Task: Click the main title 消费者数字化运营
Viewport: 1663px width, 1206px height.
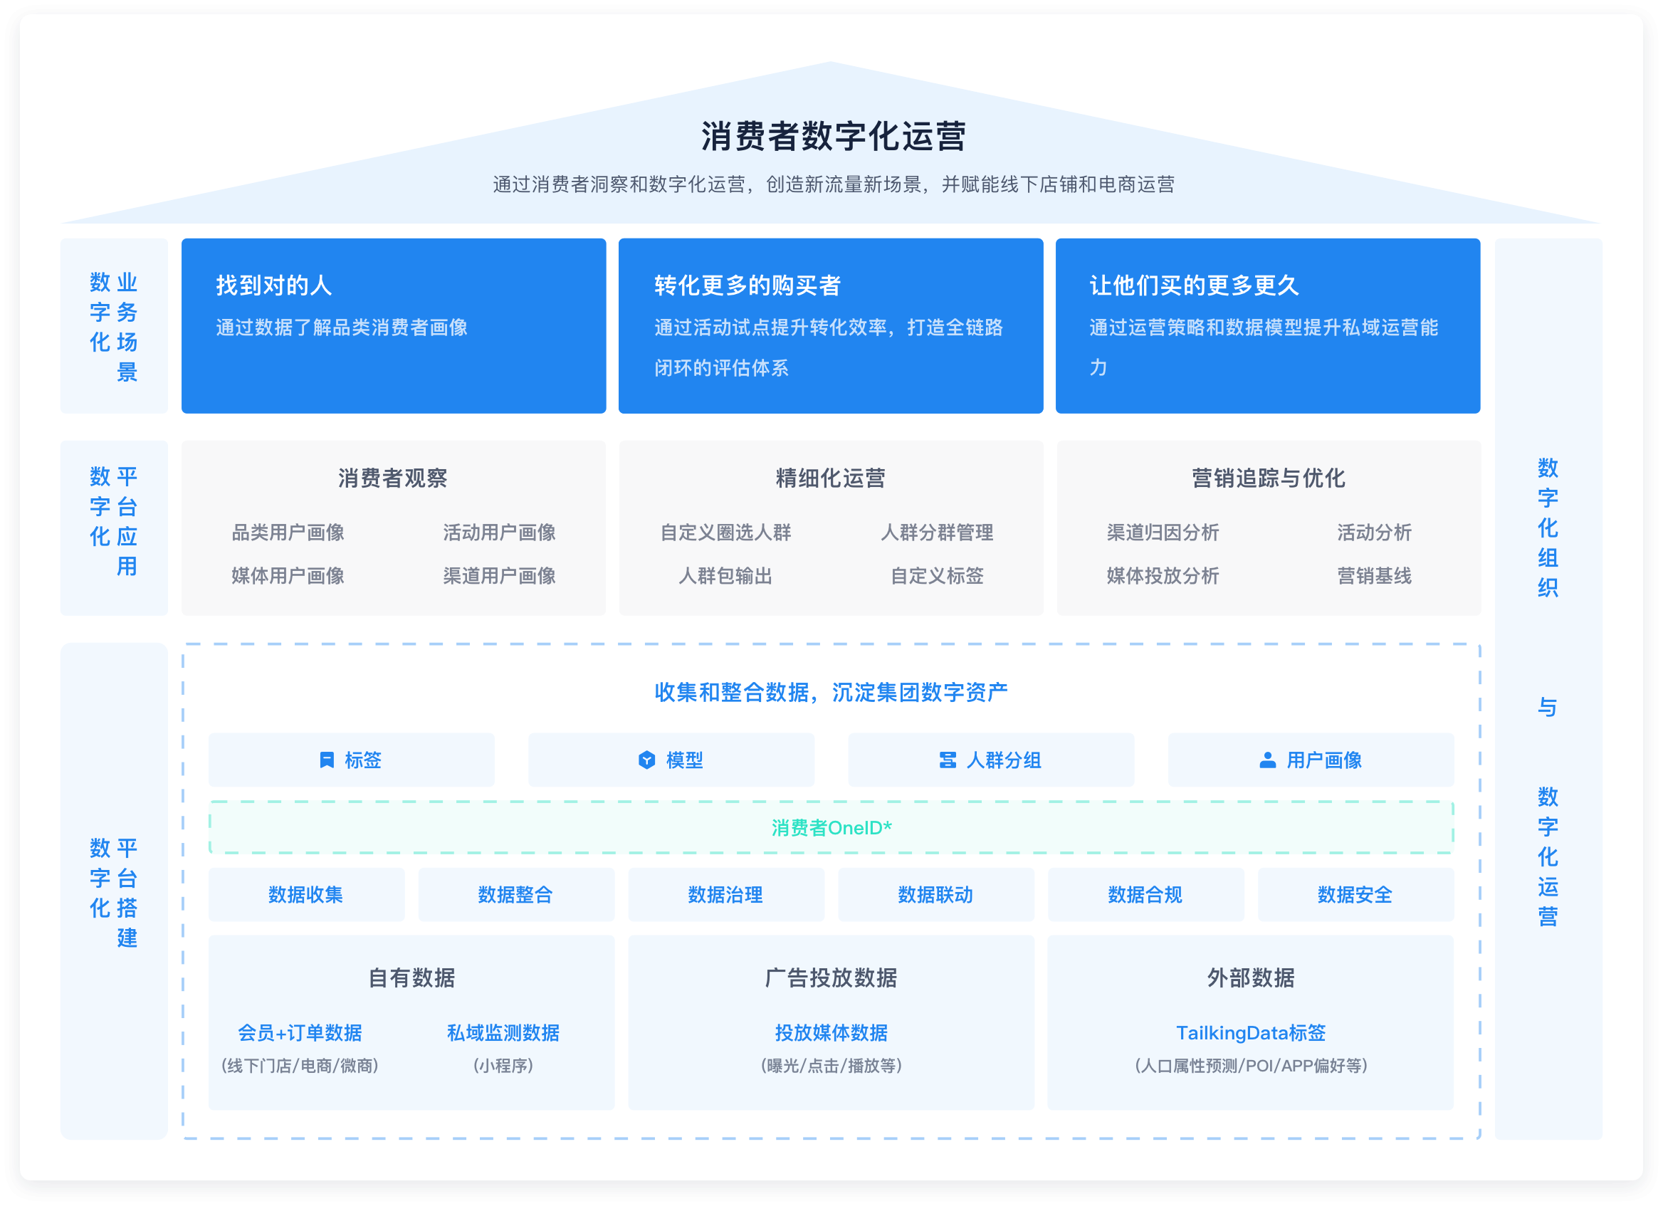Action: [x=833, y=137]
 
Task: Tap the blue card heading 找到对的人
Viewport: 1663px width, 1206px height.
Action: [x=273, y=285]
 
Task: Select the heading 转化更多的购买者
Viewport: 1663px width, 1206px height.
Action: [x=747, y=285]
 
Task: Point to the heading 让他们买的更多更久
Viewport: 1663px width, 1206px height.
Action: [x=1194, y=285]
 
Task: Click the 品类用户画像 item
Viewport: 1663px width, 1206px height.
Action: [x=288, y=533]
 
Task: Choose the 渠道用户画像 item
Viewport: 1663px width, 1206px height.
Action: [x=498, y=575]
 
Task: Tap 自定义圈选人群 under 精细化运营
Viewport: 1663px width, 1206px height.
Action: [x=725, y=533]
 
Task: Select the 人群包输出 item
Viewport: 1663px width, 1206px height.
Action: [x=725, y=575]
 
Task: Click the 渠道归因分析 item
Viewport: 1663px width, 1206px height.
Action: [x=1163, y=533]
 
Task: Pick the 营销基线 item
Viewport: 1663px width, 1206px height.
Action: [x=1373, y=575]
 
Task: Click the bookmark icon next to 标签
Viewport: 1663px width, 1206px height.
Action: [x=327, y=760]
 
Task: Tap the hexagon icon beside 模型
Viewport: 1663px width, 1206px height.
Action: [x=646, y=760]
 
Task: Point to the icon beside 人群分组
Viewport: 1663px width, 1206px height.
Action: [x=948, y=760]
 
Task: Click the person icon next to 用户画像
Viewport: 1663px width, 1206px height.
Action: [x=1267, y=760]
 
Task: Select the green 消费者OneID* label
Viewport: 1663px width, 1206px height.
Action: [x=831, y=828]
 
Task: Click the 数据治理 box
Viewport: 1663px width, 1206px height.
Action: [x=725, y=894]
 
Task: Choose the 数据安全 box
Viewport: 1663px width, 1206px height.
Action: [x=1355, y=894]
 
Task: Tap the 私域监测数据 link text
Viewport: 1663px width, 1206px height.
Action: [x=503, y=1033]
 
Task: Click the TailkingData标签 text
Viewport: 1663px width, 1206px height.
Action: [x=1250, y=1033]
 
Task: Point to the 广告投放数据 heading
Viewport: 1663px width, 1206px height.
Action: [x=831, y=977]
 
